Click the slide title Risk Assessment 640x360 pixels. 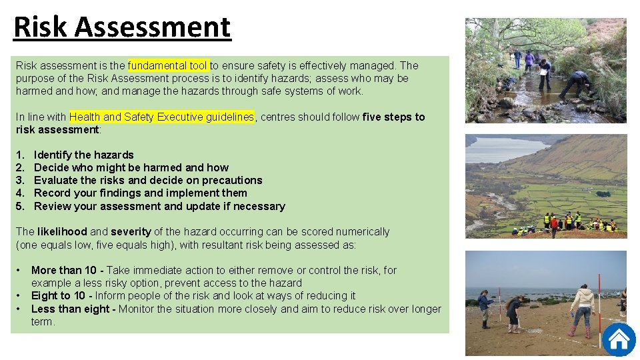pos(122,27)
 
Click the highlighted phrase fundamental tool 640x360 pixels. pos(168,65)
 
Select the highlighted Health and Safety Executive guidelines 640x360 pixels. pos(161,117)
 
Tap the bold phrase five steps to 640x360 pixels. pos(393,117)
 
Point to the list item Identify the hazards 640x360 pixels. pos(83,155)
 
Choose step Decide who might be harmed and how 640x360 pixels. pos(131,167)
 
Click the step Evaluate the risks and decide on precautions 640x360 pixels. pos(147,180)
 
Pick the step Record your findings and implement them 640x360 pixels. pos(140,193)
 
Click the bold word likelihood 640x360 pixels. pos(62,231)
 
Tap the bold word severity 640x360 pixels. pos(131,231)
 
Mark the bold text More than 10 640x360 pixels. pos(64,270)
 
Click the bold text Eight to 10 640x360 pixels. pos(59,295)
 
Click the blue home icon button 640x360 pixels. pos(619,339)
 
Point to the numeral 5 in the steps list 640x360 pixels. pos(19,206)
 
